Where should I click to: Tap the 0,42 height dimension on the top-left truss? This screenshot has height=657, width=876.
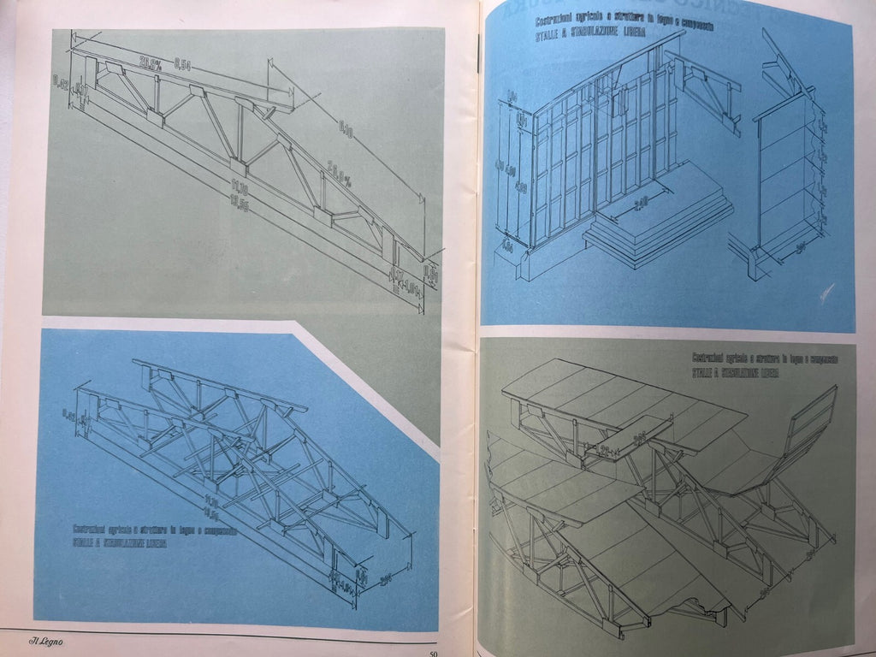pyautogui.click(x=61, y=82)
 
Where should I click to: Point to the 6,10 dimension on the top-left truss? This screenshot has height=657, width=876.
pyautogui.click(x=346, y=129)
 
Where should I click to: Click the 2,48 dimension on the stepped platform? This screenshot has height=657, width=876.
pyautogui.click(x=642, y=203)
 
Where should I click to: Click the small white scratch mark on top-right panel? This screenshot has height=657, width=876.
pyautogui.click(x=825, y=293)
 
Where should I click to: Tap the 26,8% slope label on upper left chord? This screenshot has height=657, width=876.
pyautogui.click(x=152, y=62)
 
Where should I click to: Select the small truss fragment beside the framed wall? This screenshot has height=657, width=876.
pyautogui.click(x=710, y=90)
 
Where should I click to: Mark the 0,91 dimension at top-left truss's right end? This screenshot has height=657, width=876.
pyautogui.click(x=430, y=275)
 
